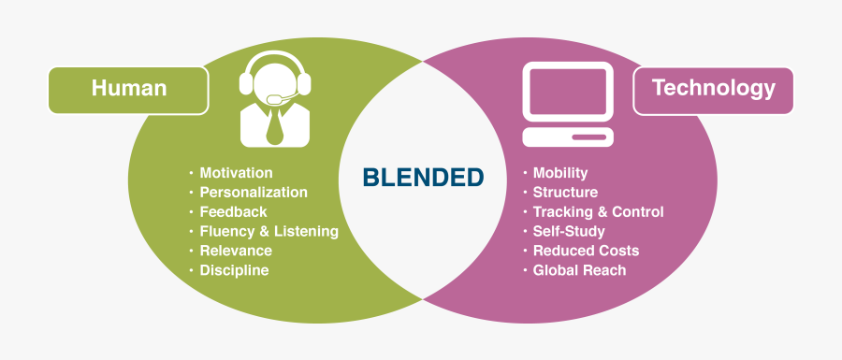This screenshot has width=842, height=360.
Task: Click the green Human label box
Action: click(129, 90)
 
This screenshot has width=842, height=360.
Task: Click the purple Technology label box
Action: click(713, 90)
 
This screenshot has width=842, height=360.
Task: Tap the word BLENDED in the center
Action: click(423, 177)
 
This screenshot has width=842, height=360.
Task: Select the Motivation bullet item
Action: click(236, 173)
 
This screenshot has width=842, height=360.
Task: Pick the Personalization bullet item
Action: click(253, 192)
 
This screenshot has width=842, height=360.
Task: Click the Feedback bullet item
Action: click(233, 211)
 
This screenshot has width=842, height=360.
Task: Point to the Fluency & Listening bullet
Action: click(269, 231)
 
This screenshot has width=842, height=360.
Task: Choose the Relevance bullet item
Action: click(236, 251)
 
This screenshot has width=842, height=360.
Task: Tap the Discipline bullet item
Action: click(234, 270)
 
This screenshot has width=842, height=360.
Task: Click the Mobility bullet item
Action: click(559, 173)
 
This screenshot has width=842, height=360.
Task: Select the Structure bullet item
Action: click(564, 193)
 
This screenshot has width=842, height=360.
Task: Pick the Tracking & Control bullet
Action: click(598, 212)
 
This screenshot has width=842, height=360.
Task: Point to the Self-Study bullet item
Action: click(569, 231)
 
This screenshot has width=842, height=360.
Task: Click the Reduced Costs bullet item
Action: click(586, 251)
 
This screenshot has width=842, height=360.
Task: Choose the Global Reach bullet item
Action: click(579, 270)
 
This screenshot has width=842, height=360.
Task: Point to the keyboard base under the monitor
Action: click(568, 138)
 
